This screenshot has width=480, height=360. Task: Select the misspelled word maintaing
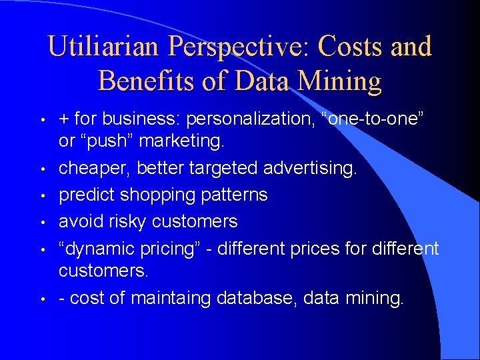[170, 298]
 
